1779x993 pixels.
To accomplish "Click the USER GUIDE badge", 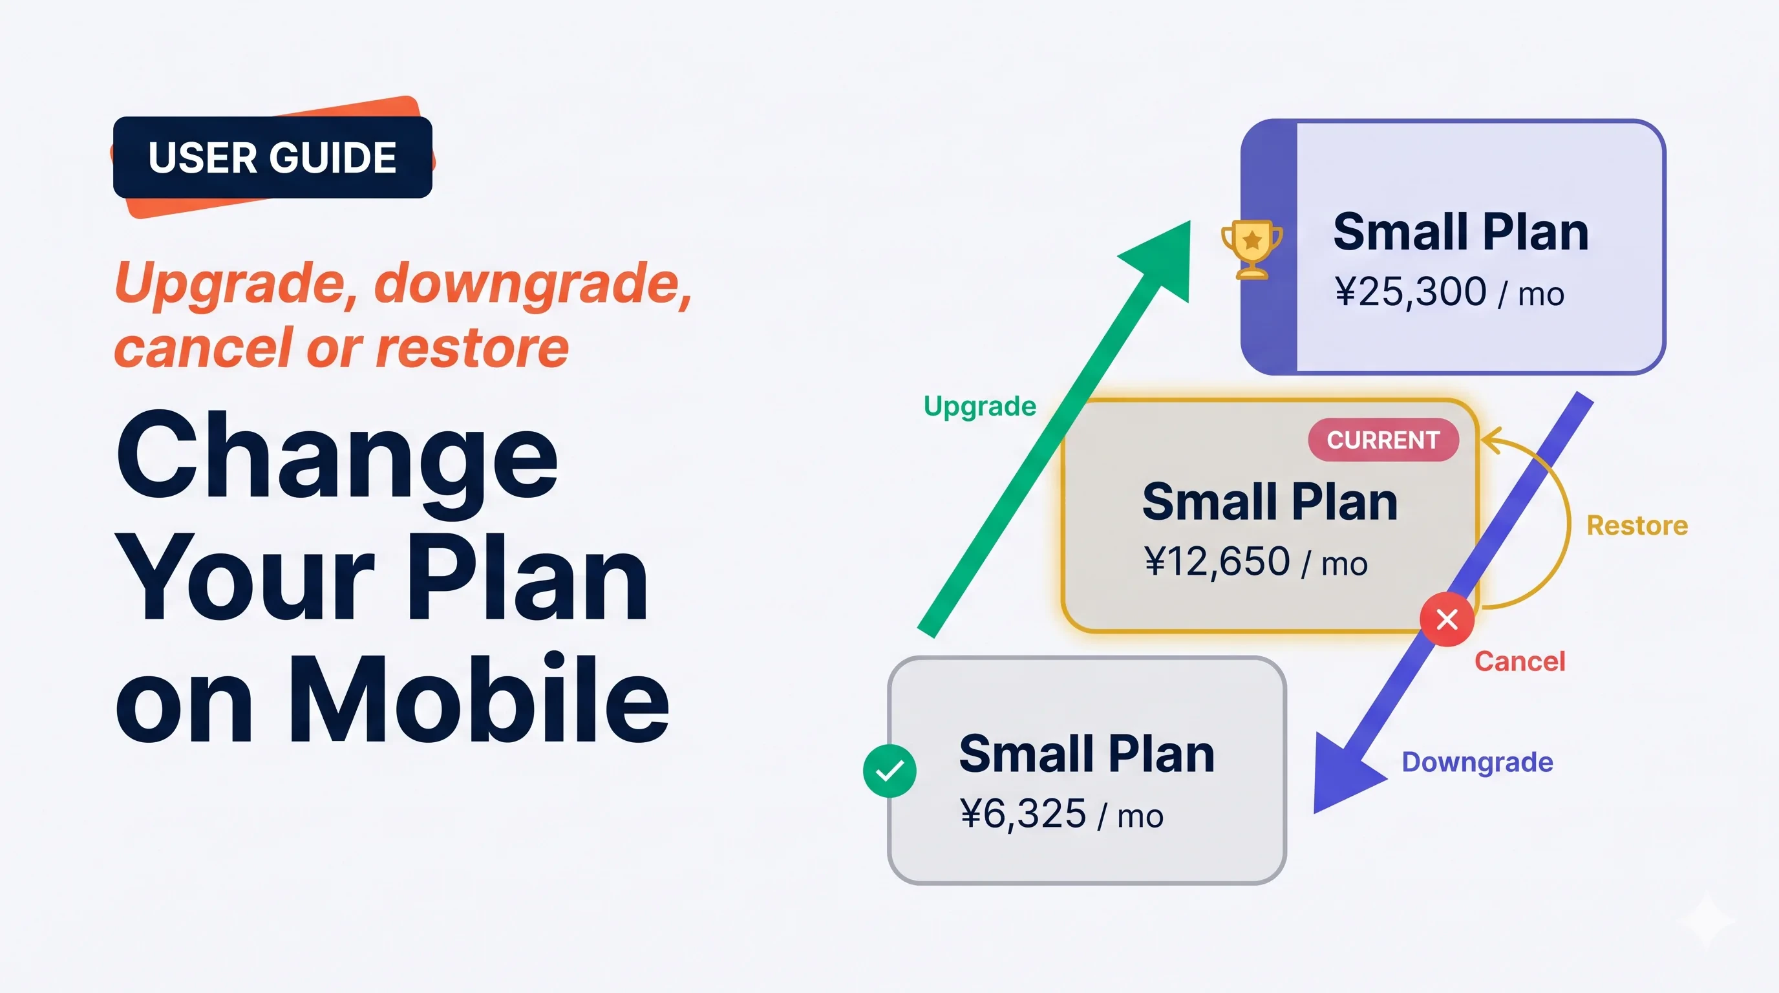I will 272,158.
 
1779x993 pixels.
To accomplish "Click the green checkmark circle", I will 889,771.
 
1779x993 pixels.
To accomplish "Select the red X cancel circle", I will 1447,619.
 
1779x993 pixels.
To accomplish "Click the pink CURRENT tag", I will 1383,440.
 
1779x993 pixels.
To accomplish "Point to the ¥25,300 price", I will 1411,292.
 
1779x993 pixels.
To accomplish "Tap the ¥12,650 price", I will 1217,561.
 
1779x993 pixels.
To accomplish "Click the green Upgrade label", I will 979,406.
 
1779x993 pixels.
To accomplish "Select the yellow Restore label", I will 1637,526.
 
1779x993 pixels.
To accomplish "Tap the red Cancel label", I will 1519,661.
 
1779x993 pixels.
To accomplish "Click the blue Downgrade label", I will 1476,762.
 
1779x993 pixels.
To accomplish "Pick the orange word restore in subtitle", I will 473,348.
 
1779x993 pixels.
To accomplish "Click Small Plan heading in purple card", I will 1461,232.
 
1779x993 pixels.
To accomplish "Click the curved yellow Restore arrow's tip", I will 1485,440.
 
